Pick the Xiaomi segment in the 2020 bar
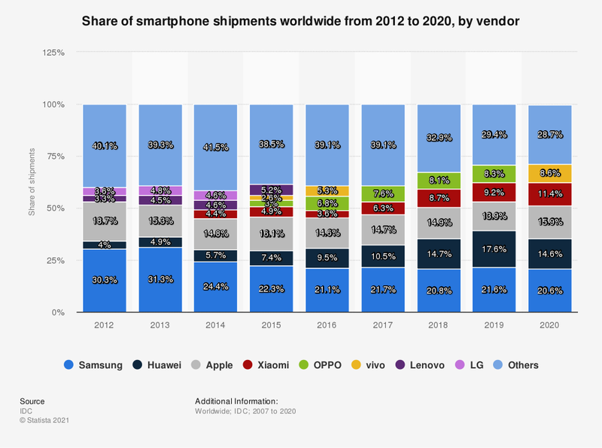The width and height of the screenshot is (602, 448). click(x=549, y=194)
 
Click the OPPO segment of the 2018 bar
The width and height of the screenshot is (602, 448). click(x=438, y=181)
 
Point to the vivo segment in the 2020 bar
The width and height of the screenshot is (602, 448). click(x=549, y=173)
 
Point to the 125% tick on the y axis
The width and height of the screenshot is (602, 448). click(x=53, y=53)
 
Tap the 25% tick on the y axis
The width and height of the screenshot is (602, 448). click(x=56, y=261)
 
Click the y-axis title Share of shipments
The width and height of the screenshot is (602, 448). click(x=32, y=182)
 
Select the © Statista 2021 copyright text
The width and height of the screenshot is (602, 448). click(x=44, y=419)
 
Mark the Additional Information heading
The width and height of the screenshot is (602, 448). click(x=236, y=401)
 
